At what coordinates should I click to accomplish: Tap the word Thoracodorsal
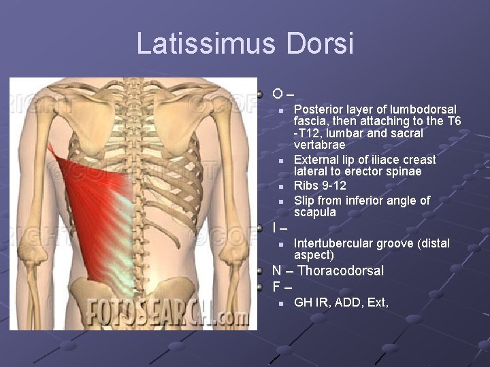[x=340, y=270]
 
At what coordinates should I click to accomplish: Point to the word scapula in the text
[x=315, y=212]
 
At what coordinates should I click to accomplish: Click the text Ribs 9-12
[x=320, y=186]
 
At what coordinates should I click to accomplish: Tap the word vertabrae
[x=319, y=145]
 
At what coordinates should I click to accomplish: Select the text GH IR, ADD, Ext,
[x=341, y=302]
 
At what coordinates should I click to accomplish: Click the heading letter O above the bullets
[x=277, y=93]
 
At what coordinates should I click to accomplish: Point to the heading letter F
[x=276, y=286]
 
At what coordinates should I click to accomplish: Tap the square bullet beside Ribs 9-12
[x=281, y=186]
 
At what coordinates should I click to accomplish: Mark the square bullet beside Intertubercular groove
[x=281, y=244]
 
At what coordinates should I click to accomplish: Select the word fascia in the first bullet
[x=310, y=121]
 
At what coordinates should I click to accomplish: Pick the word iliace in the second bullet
[x=380, y=159]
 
